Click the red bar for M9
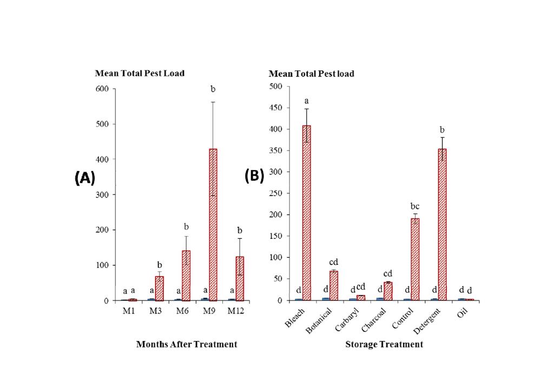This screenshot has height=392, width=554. pos(213,225)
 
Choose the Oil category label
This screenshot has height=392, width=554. pos(461,314)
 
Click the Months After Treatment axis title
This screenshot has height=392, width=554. pos(187,344)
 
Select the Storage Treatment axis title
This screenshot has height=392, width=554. pos(384,344)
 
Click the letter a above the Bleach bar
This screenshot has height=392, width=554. pos(307,101)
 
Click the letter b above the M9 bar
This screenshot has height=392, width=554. pos(213,88)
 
